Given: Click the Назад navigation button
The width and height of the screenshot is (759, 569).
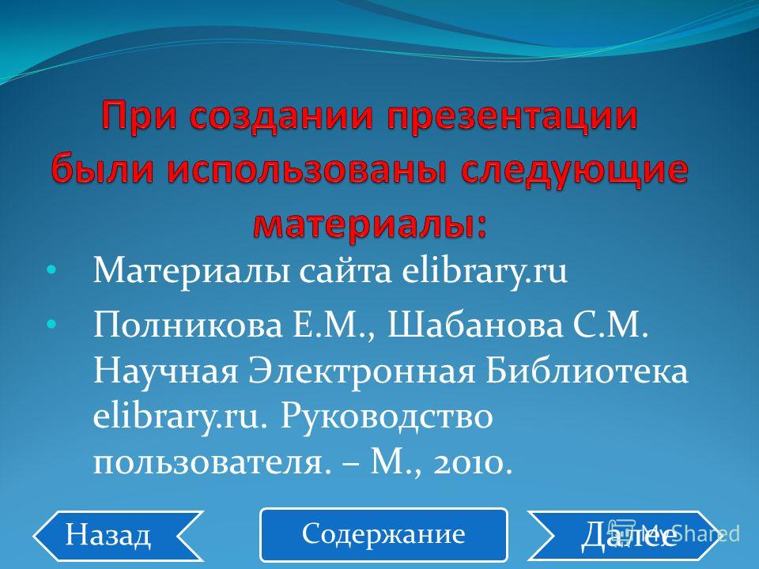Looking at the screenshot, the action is (118, 536).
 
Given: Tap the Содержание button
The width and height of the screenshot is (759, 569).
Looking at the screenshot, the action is (383, 535).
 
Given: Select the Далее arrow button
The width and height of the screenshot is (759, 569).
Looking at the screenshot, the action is (624, 536).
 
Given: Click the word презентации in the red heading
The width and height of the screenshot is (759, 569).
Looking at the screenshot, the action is (512, 118).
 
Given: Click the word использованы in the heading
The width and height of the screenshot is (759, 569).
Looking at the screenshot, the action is (308, 171).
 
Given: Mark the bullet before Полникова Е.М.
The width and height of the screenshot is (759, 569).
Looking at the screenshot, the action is (51, 323).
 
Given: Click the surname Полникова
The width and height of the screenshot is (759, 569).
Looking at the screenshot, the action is (188, 324).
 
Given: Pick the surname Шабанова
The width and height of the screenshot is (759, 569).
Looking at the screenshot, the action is (476, 324).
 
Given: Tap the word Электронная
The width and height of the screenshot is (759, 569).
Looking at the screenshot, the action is (362, 371).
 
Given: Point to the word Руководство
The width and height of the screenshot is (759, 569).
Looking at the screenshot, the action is (387, 417).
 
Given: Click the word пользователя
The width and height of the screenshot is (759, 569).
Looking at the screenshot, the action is (207, 464).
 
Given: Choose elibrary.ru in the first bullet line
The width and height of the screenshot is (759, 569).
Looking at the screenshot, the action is (485, 271).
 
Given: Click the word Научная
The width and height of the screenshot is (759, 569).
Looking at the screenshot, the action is (166, 371).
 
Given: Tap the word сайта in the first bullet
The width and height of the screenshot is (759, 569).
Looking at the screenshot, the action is (346, 271).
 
